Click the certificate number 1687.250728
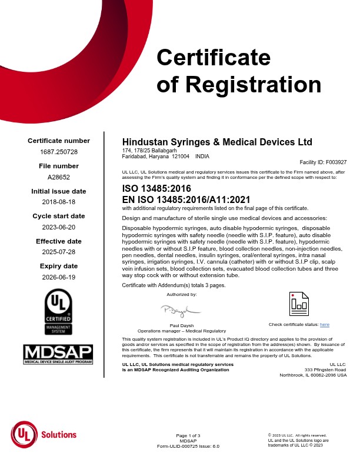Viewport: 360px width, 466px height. (59, 152)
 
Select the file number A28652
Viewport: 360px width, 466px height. (59, 177)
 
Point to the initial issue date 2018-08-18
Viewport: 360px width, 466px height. (59, 202)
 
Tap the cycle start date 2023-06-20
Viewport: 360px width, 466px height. (59, 227)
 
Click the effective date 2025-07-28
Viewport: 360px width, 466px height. (59, 252)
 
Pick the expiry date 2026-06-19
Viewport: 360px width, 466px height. (59, 277)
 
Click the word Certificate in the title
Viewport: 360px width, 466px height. (214, 58)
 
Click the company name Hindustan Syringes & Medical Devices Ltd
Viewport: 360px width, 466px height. (216, 142)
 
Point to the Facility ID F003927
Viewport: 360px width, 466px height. (323, 162)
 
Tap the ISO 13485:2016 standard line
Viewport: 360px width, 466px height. (156, 189)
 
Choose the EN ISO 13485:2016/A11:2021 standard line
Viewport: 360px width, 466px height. (186, 199)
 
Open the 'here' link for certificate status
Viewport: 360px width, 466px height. (324, 325)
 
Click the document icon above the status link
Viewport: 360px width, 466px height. (299, 303)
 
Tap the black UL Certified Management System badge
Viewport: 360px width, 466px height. (59, 314)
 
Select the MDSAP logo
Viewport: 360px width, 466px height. (59, 354)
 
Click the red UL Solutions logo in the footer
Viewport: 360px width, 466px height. (44, 435)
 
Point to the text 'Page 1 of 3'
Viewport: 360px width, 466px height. (188, 435)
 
